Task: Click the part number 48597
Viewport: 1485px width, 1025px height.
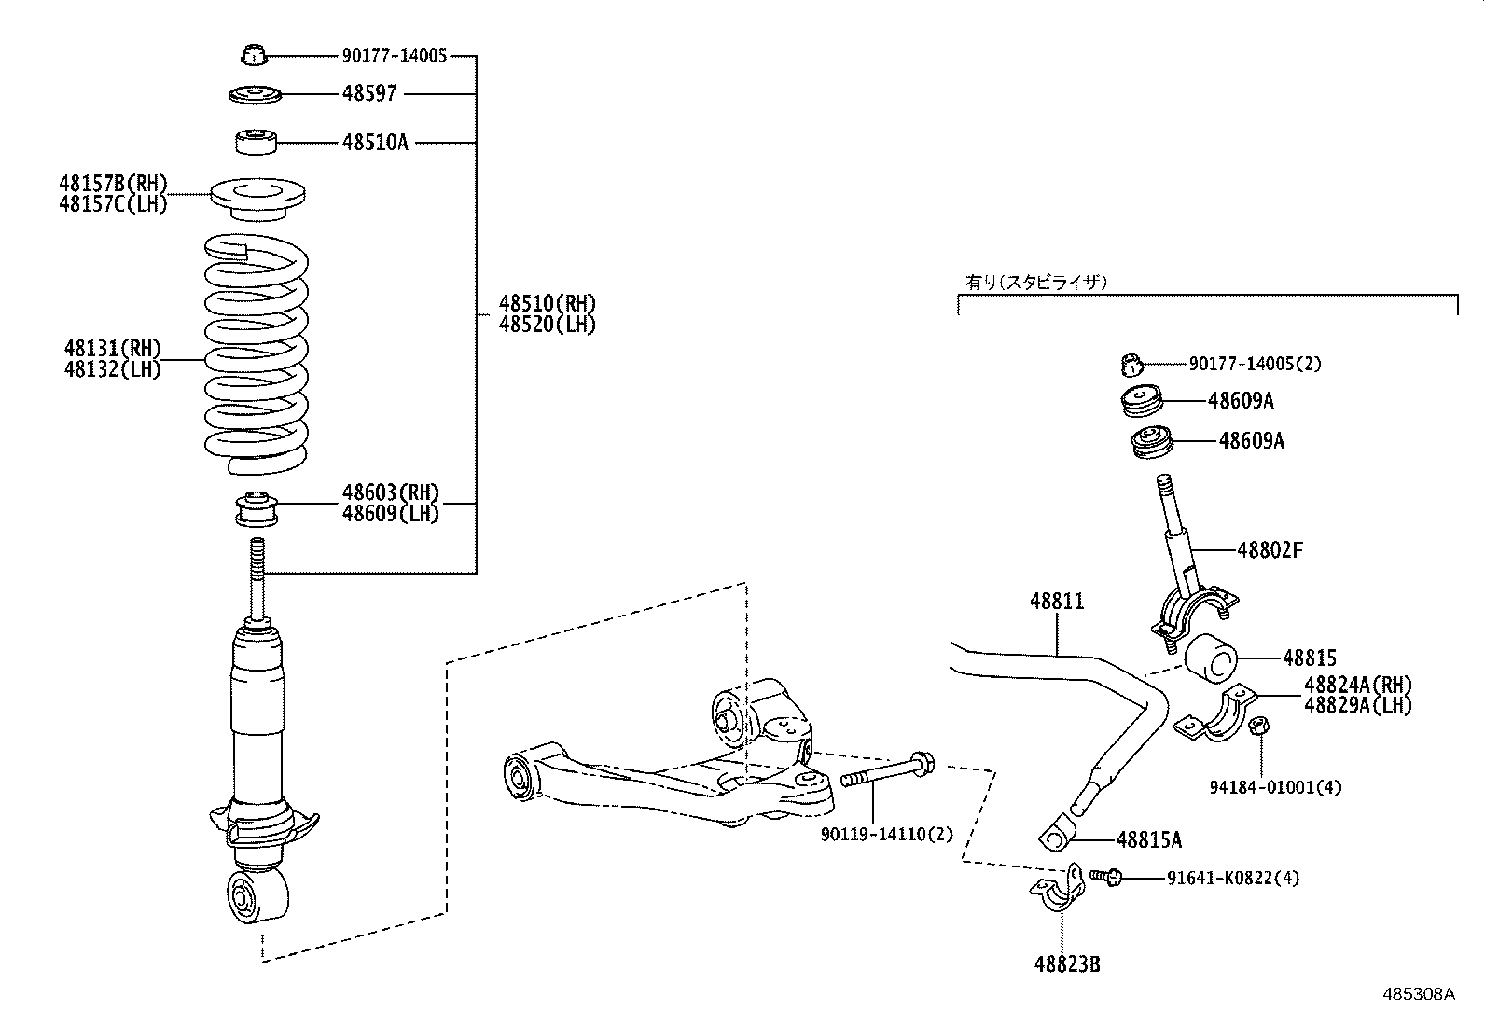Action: pos(369,93)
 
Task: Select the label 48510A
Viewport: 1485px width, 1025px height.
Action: pos(374,143)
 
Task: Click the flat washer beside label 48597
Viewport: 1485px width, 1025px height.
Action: pos(256,94)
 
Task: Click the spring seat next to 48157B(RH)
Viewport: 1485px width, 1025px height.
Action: pos(257,200)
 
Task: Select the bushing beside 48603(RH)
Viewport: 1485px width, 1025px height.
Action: pos(256,508)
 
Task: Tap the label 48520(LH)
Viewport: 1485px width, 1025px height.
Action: pos(547,325)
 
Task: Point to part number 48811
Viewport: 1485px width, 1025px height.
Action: pos(1057,602)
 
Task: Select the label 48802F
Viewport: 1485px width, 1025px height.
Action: pos(1270,550)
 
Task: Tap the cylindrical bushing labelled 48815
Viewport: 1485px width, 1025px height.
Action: pos(1211,658)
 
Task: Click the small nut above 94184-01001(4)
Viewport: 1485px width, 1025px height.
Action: pos(1256,727)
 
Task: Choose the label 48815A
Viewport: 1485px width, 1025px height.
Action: pos(1148,839)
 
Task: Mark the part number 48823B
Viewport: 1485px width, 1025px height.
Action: pos(1066,964)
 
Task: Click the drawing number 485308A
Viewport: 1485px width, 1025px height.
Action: pos(1419,994)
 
